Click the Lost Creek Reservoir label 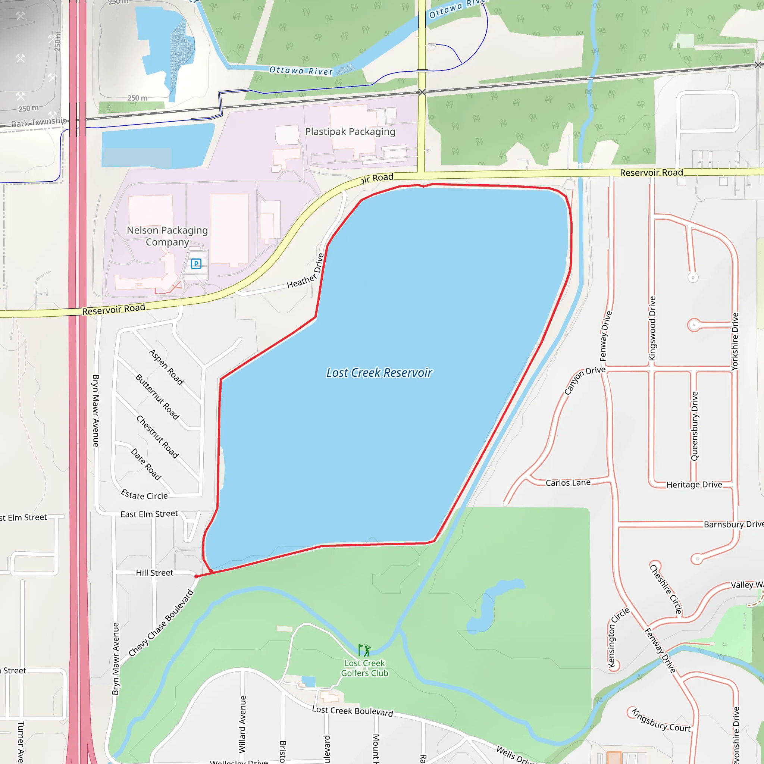pos(379,373)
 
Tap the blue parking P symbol pos(196,264)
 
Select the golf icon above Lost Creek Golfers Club pos(364,650)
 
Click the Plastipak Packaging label pos(350,132)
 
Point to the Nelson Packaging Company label pos(167,236)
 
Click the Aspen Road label pos(166,367)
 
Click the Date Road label pos(146,464)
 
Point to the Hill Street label pos(154,573)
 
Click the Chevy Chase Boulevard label pos(161,623)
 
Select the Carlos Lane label pos(568,483)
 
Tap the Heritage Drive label pos(694,485)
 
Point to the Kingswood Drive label pos(652,328)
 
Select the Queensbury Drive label pos(695,426)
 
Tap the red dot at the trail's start pos(197,577)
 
